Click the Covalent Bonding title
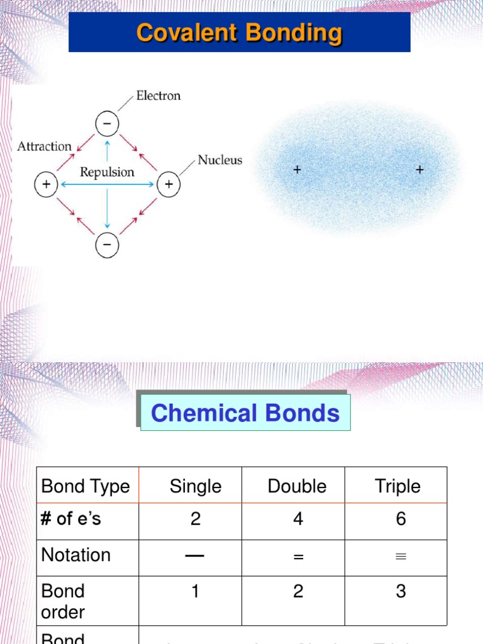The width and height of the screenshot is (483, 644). pyautogui.click(x=239, y=33)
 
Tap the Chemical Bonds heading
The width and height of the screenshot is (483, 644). pyautogui.click(x=245, y=413)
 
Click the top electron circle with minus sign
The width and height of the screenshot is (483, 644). pyautogui.click(x=107, y=123)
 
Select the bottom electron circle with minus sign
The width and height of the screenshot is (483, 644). pyautogui.click(x=107, y=245)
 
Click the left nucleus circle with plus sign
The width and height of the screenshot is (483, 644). pyautogui.click(x=46, y=184)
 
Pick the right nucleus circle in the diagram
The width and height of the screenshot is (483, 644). pyautogui.click(x=168, y=184)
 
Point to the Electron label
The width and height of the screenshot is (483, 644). pyautogui.click(x=158, y=96)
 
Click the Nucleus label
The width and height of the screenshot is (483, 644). pyautogui.click(x=219, y=160)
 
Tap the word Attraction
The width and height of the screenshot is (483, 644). pyautogui.click(x=44, y=147)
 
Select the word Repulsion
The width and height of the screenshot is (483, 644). pyautogui.click(x=107, y=172)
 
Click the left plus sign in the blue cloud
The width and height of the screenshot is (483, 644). pyautogui.click(x=297, y=170)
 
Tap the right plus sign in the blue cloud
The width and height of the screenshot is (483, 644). pyautogui.click(x=419, y=170)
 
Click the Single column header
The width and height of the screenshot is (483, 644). pyautogui.click(x=196, y=486)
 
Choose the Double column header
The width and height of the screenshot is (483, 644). pyautogui.click(x=297, y=486)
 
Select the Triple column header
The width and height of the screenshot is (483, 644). pyautogui.click(x=398, y=486)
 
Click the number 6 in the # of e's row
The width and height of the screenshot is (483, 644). pyautogui.click(x=401, y=519)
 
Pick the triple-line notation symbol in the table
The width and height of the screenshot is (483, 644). pyautogui.click(x=401, y=557)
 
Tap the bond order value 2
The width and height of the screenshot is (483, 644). pyautogui.click(x=298, y=591)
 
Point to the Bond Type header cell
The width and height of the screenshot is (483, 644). pyautogui.click(x=85, y=486)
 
